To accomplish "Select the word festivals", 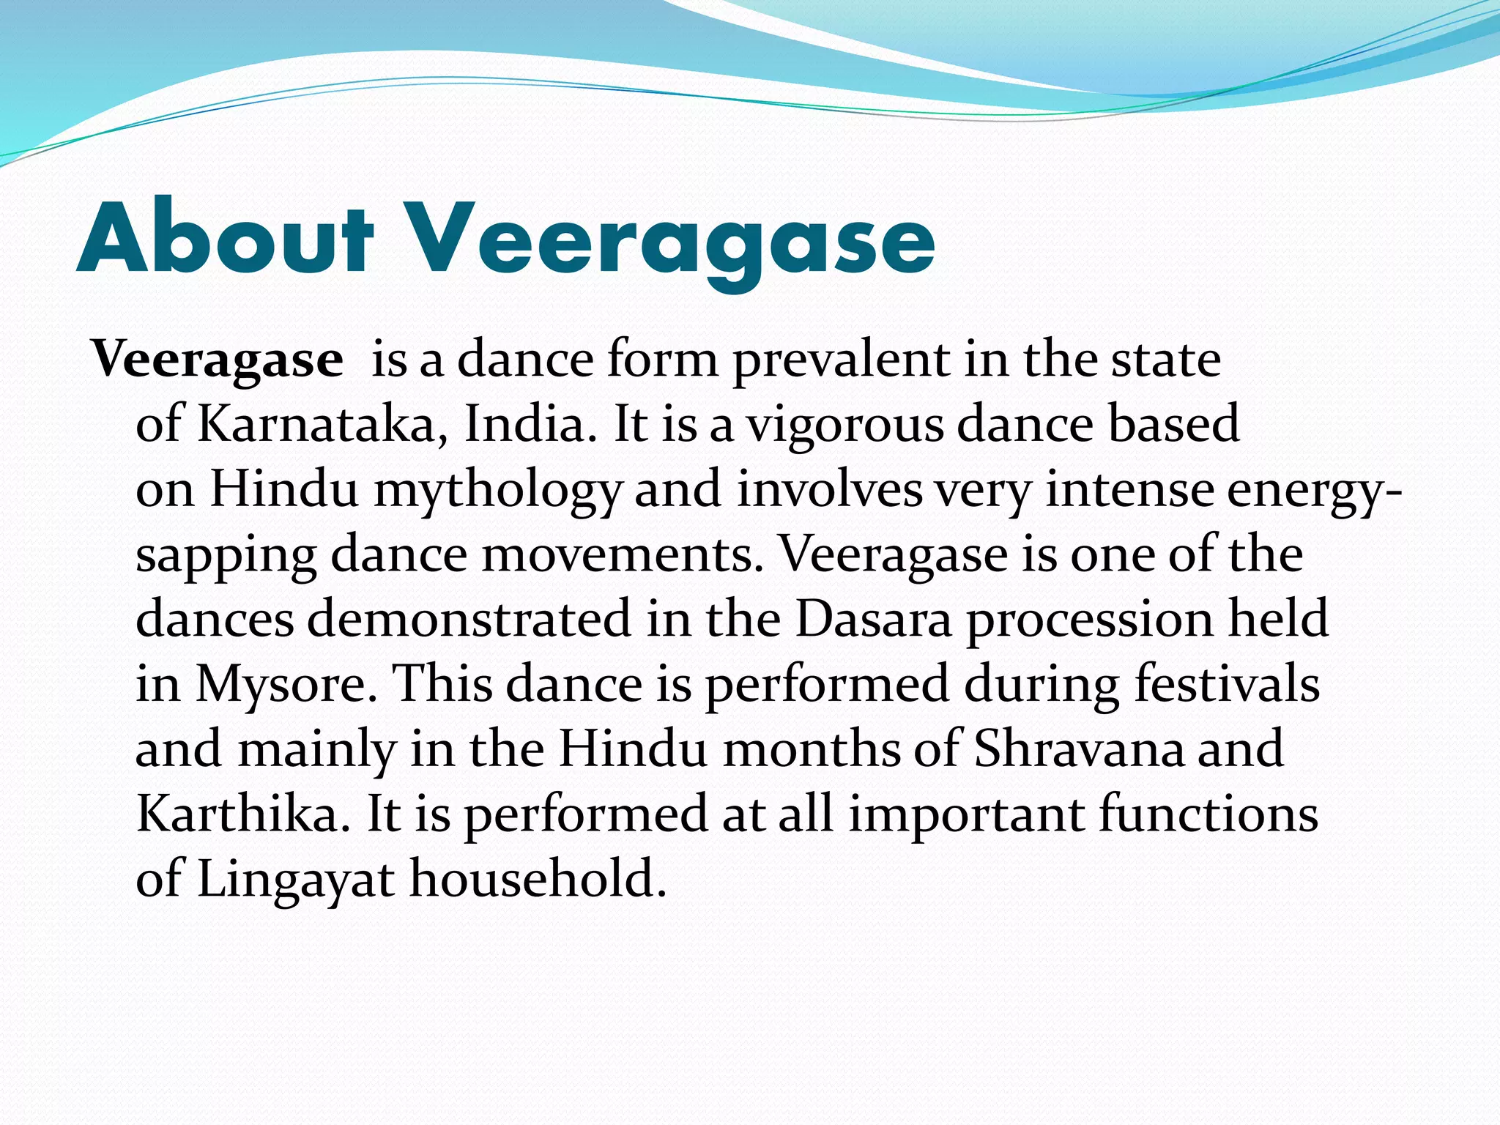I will point(1227,683).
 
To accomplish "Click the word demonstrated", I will point(469,619).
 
